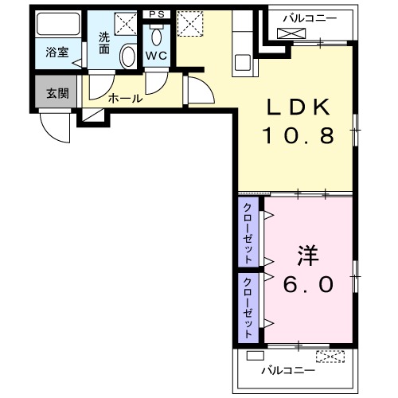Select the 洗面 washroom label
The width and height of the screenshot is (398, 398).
coord(104,42)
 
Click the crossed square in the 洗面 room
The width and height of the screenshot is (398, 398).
coord(124,22)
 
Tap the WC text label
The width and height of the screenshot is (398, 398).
coord(155,57)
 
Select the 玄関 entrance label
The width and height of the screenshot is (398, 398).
coord(57,93)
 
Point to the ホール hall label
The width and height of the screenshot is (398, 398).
coord(125,99)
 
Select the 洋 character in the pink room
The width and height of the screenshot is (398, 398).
coord(307,256)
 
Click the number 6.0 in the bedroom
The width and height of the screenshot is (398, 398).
coord(305,283)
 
